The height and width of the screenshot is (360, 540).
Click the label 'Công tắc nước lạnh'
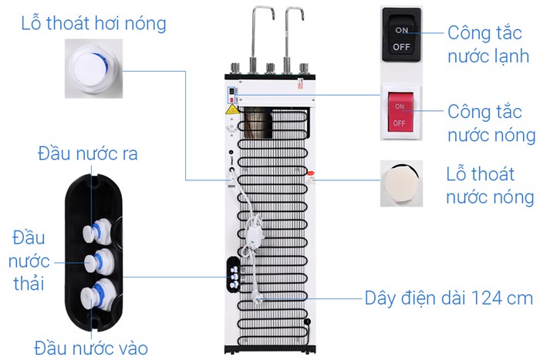[x=490, y=45]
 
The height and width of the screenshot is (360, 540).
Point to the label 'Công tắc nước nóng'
[x=491, y=123]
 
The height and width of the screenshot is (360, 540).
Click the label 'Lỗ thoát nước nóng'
[x=490, y=185]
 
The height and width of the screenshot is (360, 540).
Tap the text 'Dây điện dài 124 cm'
[x=448, y=298]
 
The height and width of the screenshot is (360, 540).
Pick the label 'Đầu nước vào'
[x=90, y=346]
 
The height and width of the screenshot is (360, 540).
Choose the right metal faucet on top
[x=293, y=35]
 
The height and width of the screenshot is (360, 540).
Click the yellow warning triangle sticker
[x=231, y=111]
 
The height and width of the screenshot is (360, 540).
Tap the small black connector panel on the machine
[x=232, y=272]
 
